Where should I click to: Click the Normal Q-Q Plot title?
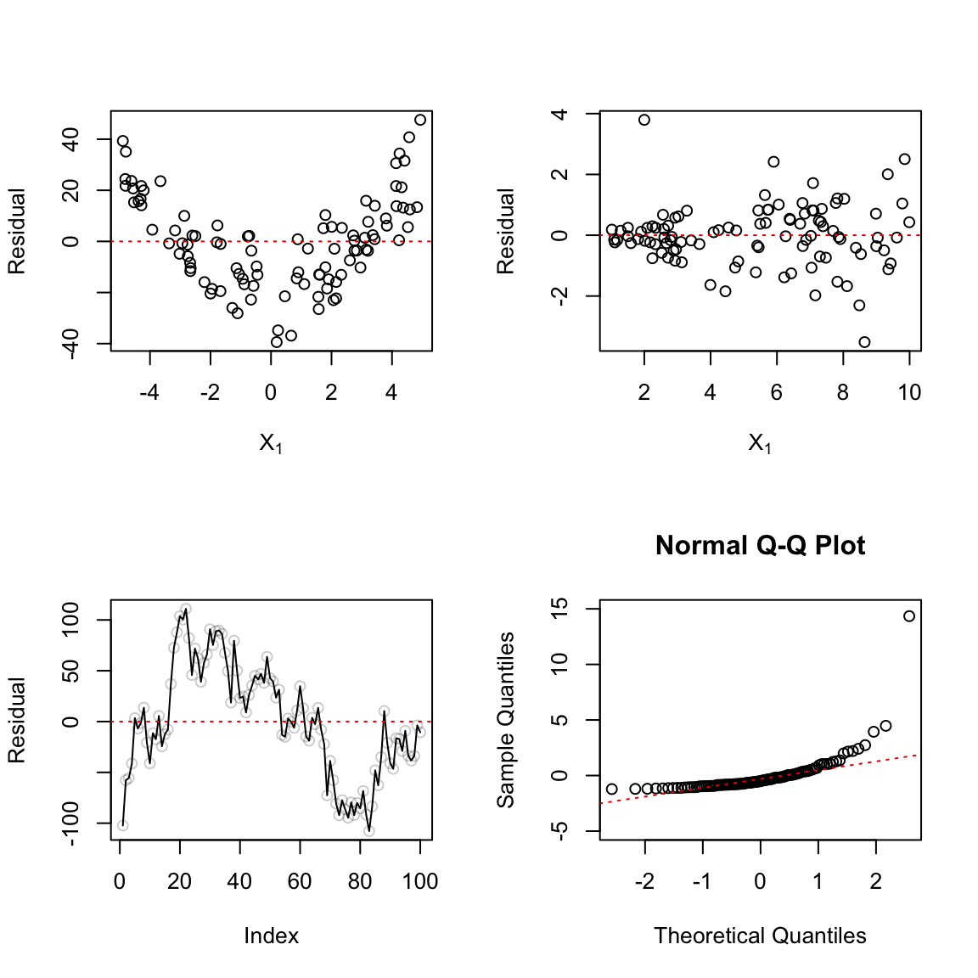pos(760,545)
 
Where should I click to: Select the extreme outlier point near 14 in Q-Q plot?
pos(909,616)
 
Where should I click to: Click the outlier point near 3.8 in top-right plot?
pos(644,120)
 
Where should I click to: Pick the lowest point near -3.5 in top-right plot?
pos(864,342)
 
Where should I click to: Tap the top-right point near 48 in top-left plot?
pos(420,120)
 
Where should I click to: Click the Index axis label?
pos(271,936)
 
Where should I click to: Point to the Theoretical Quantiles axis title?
pos(760,936)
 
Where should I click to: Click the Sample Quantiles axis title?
pos(506,720)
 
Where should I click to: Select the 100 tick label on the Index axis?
pos(420,882)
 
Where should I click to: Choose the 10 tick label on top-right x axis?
pos(909,393)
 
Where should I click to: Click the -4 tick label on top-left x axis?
pos(149,393)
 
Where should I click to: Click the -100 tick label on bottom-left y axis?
pos(71,824)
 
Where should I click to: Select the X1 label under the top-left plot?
pos(271,443)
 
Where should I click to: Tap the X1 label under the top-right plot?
pos(760,443)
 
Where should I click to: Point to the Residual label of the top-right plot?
pos(506,231)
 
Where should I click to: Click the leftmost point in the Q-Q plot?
pos(611,790)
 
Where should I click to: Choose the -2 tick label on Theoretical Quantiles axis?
pos(644,882)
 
